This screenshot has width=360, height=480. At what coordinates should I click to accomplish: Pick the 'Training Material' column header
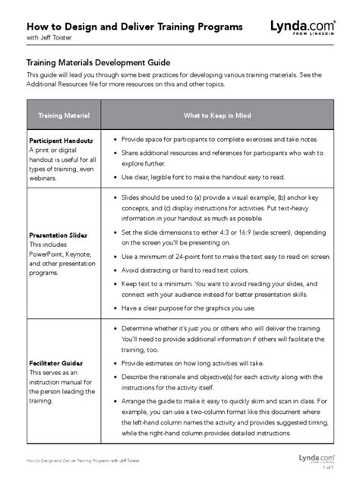click(65, 115)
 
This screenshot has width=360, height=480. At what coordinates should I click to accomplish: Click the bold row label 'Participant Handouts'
click(62, 141)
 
